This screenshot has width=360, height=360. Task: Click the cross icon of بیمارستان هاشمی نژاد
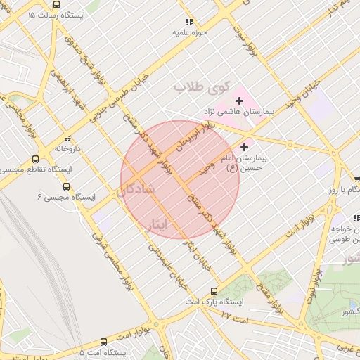[x=239, y=101]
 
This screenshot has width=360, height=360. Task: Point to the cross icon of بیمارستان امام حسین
[x=245, y=147]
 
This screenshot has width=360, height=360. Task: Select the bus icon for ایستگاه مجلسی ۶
[x=66, y=186]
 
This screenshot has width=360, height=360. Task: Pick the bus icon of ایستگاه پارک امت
[x=214, y=290]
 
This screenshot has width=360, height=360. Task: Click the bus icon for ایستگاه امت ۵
[x=104, y=342]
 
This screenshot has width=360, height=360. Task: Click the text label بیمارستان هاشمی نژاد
[x=241, y=112]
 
